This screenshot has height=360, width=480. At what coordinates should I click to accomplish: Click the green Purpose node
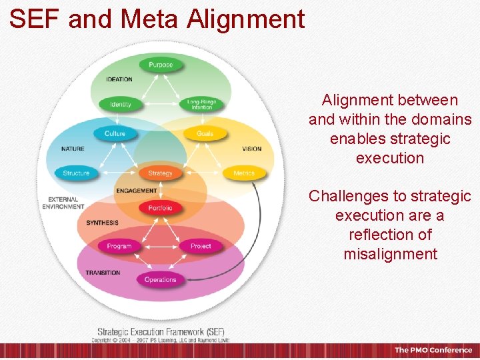(160, 65)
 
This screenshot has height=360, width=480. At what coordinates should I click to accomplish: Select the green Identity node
(120, 105)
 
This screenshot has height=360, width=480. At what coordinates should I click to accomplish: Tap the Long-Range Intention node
(201, 105)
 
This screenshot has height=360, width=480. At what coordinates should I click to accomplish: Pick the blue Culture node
(115, 134)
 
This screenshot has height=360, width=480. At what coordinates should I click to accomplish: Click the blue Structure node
(76, 173)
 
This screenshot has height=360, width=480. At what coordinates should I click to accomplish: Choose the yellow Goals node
(205, 134)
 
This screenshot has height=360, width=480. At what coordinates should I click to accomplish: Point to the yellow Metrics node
(244, 173)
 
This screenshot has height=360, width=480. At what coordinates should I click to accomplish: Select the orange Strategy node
(160, 173)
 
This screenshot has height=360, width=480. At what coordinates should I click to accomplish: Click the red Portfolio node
(160, 208)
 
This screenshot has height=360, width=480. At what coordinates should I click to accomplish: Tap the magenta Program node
(119, 247)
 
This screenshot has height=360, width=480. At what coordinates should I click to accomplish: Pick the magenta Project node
(201, 247)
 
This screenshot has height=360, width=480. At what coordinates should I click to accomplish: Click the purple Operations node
(160, 280)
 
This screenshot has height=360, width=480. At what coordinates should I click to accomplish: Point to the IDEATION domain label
(119, 79)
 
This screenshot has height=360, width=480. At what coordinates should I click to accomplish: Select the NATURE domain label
(73, 149)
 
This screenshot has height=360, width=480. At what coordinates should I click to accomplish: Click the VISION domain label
(252, 149)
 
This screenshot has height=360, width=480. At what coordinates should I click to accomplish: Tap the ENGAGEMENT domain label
(136, 191)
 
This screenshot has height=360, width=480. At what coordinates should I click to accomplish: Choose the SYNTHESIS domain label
(102, 223)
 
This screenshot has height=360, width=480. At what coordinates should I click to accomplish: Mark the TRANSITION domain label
(103, 273)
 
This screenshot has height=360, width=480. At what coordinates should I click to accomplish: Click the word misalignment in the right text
(390, 254)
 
